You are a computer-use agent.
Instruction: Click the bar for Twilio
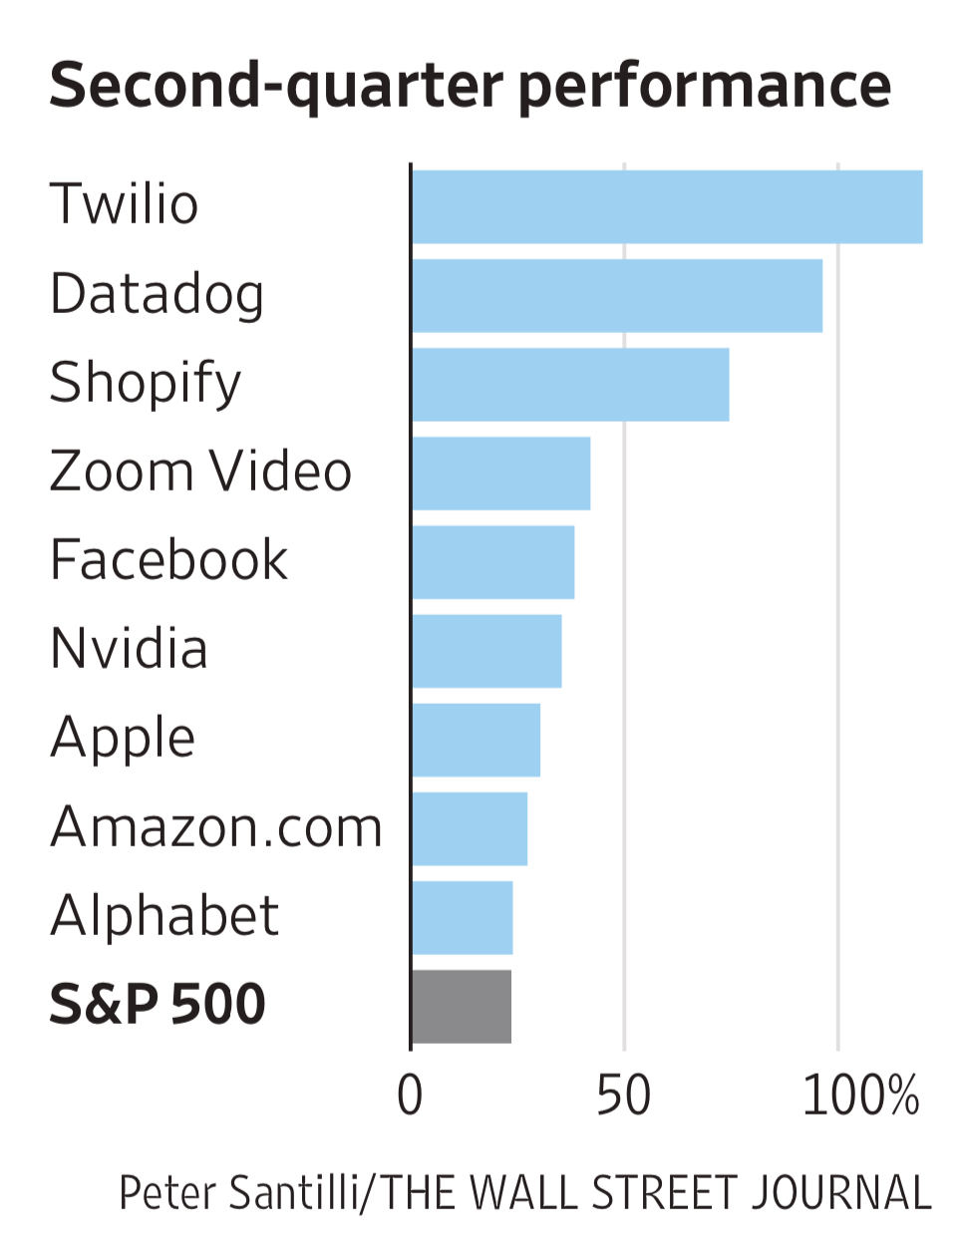(x=666, y=206)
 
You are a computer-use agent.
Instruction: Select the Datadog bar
(x=616, y=295)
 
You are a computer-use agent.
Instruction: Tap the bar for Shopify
(x=569, y=384)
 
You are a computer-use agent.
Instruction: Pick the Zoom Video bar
(x=500, y=472)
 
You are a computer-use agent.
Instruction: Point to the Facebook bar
(x=492, y=561)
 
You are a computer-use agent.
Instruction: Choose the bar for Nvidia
(x=485, y=650)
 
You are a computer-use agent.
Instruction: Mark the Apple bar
(x=476, y=740)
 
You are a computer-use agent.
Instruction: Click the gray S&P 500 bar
(x=461, y=1006)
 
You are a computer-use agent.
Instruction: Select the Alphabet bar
(x=462, y=917)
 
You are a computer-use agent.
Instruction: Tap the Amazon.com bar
(x=469, y=828)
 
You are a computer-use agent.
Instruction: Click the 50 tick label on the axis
(x=623, y=1095)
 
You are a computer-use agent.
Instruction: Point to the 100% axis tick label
(x=859, y=1095)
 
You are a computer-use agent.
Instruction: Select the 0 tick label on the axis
(x=410, y=1095)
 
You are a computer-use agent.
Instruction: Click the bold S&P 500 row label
(x=158, y=1004)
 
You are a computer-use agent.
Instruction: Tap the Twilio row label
(x=124, y=204)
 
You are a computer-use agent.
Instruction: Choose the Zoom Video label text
(x=200, y=471)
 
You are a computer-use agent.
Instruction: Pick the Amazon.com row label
(x=216, y=827)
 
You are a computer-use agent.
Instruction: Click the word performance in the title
(x=704, y=86)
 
